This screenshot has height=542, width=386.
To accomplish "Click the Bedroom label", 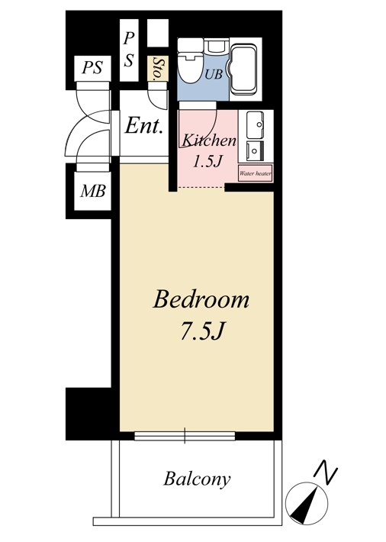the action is tap(201, 300).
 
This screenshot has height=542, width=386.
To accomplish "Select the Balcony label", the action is tap(197, 479).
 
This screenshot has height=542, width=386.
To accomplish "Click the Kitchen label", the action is tap(209, 140).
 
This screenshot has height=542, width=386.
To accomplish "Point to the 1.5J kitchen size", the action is tap(207, 161).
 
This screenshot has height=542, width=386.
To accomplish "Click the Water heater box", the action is tap(256, 173).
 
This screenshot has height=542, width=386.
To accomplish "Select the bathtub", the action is tap(243, 69).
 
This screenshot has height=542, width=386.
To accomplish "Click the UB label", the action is tap(214, 73).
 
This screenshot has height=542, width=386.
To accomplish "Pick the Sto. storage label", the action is tap(158, 69).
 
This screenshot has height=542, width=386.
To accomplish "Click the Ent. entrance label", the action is tap(143, 126).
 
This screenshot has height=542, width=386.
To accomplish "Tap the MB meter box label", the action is tap(92, 191).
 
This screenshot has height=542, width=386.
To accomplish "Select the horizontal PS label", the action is tap(92, 67).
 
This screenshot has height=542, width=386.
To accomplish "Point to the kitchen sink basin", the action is tap(256, 124).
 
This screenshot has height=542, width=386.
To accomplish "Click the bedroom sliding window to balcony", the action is tap(185, 436).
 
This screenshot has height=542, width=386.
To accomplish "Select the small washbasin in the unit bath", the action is tap(217, 47).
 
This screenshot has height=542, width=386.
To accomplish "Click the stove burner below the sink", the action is tap(256, 151).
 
